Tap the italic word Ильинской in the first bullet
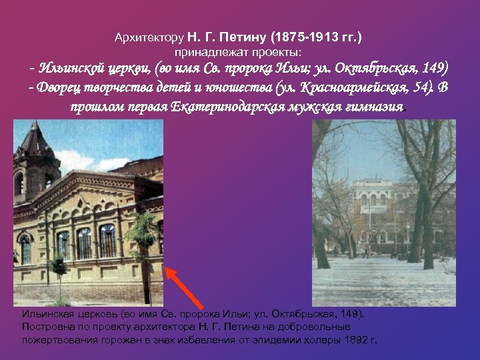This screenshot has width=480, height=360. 71,69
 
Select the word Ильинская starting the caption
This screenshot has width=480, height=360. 45,314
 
